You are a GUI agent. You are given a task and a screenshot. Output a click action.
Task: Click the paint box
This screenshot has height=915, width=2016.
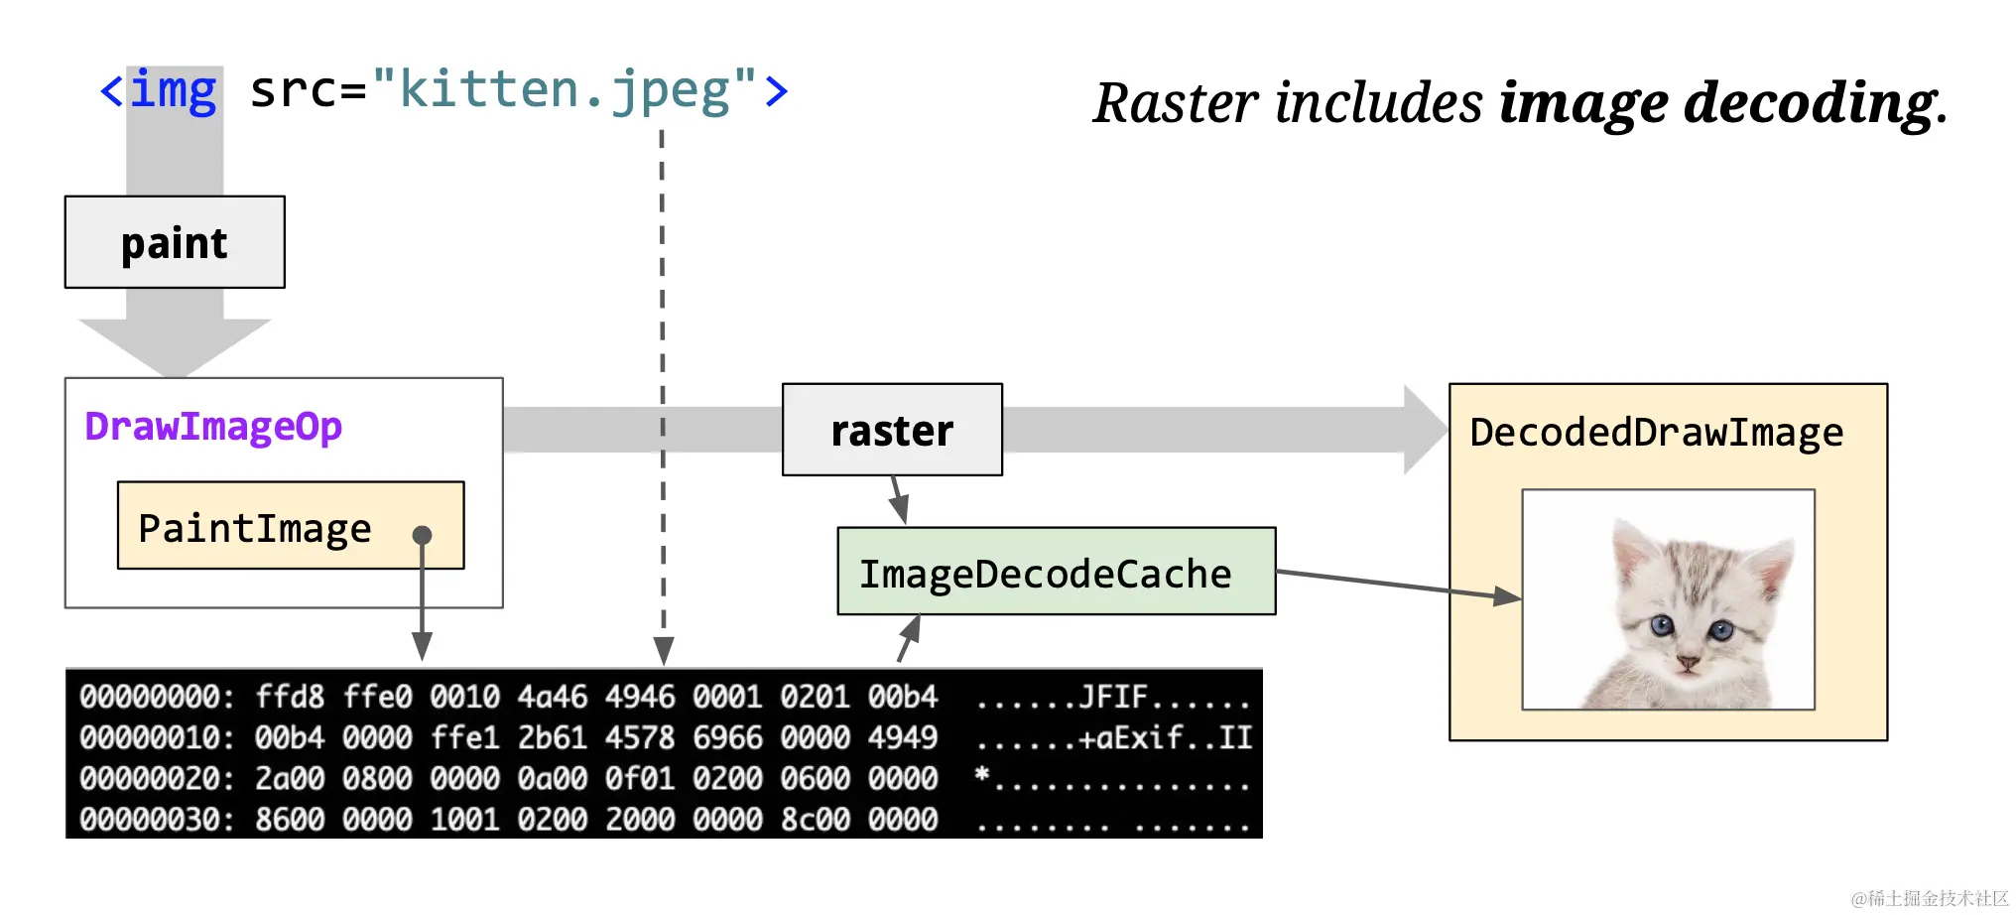175,242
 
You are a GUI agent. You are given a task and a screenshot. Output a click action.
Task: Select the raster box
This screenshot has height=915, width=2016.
892,430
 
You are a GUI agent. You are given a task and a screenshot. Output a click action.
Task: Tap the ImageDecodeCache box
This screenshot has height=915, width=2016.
1057,572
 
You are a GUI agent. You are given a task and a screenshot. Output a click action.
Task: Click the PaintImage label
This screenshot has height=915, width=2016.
255,528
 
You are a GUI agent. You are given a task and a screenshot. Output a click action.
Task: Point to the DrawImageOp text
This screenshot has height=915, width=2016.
213,427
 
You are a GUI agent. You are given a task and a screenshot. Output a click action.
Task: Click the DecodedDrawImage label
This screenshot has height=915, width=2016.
1656,433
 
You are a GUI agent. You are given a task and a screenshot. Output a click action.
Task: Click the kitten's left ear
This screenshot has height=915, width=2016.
1631,552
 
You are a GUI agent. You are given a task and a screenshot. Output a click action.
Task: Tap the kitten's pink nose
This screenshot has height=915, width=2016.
1687,660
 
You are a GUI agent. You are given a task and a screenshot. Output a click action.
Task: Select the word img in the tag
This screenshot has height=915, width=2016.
174,91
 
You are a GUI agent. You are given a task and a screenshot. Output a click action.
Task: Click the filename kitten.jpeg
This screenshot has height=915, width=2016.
565,91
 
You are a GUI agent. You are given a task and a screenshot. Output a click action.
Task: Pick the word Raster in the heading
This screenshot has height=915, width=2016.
1177,103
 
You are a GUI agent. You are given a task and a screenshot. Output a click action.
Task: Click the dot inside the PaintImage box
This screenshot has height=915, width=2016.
422,535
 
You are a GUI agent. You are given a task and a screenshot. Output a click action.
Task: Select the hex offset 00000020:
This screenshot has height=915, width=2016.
158,779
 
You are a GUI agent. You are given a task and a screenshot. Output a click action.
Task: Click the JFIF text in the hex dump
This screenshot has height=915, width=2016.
1113,697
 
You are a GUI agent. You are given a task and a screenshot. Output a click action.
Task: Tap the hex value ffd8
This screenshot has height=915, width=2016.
290,697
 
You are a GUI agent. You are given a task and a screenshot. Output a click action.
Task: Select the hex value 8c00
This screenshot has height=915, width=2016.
815,820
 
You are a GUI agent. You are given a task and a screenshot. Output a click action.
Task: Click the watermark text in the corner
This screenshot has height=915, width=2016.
1930,898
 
